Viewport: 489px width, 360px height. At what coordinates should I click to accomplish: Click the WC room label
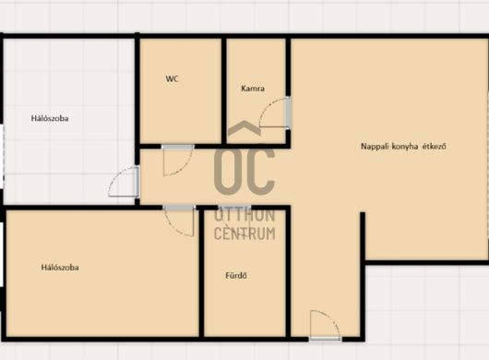[x=173, y=78]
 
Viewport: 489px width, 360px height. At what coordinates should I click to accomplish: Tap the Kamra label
[x=253, y=89]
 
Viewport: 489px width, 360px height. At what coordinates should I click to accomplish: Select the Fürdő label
[x=236, y=275]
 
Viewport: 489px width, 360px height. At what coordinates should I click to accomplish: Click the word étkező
[x=435, y=147]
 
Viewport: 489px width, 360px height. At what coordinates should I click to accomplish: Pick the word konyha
[x=405, y=147]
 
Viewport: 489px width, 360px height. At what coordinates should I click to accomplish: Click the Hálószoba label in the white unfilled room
[x=50, y=118]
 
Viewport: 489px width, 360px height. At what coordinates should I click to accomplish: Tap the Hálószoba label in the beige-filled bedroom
[x=60, y=268]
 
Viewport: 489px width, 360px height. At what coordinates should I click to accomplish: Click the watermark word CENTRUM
[x=244, y=234]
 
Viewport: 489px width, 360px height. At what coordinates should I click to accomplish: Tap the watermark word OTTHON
[x=244, y=215]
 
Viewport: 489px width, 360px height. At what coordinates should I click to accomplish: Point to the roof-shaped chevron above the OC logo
[x=244, y=128]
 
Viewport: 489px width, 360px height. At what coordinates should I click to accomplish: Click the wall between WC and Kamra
[x=224, y=90]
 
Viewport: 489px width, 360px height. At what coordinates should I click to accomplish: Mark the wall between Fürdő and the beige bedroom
[x=201, y=272]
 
